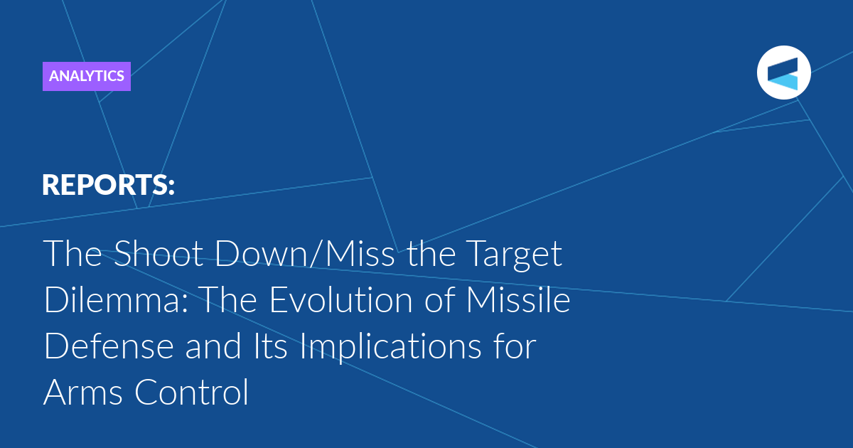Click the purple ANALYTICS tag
point(87,76)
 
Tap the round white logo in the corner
point(783,73)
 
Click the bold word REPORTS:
point(108,185)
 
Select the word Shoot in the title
point(159,253)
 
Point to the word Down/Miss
point(305,253)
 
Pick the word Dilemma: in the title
point(116,299)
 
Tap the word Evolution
point(340,299)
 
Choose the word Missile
point(518,299)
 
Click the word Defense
point(109,346)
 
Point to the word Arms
point(82,393)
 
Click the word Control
point(191,392)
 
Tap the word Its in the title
point(270,346)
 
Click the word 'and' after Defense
point(213,346)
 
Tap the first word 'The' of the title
point(73,253)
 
